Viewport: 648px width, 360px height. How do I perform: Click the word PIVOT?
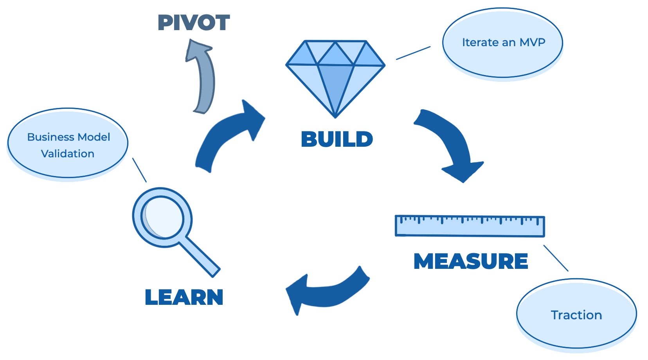tap(194, 23)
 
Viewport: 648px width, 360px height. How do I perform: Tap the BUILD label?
tap(337, 139)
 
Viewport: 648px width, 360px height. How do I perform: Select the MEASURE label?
tap(471, 261)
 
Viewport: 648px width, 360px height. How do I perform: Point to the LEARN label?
tap(184, 297)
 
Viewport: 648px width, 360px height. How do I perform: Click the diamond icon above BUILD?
tap(335, 74)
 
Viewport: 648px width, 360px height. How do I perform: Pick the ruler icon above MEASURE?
tap(470, 226)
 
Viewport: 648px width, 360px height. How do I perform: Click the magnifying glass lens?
tap(163, 217)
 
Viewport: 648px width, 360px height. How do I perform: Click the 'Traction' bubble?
tap(576, 314)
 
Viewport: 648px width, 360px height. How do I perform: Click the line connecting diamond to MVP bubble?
tap(413, 53)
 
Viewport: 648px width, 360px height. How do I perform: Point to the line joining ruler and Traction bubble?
tap(556, 258)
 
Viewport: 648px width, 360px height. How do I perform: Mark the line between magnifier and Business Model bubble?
tap(139, 170)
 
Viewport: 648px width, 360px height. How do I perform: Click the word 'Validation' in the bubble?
tap(68, 154)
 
